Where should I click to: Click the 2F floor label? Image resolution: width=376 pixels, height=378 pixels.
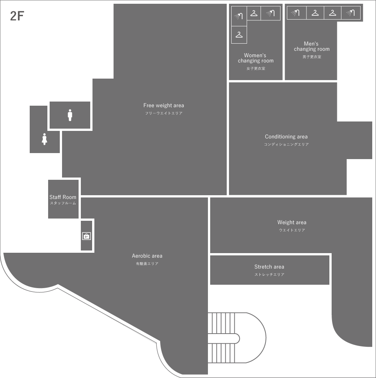click(x=17, y=16)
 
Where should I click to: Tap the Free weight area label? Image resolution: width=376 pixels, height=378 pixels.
click(x=164, y=105)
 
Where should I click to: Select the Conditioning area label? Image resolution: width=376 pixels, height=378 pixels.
click(x=286, y=137)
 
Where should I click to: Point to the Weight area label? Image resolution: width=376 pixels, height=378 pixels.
click(x=292, y=222)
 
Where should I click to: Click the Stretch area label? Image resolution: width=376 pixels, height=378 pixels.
click(x=269, y=267)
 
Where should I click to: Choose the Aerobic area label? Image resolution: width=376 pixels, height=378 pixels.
click(x=147, y=256)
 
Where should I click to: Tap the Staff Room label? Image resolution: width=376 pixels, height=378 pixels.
click(x=63, y=197)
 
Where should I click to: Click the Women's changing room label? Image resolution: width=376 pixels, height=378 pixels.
click(x=255, y=58)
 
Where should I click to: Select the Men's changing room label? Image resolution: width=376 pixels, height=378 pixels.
click(x=311, y=46)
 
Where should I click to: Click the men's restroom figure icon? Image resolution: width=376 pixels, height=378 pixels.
click(x=70, y=115)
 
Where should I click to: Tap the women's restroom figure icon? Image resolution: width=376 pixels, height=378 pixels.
click(x=44, y=139)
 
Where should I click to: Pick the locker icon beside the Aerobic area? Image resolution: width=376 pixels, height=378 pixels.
click(x=86, y=236)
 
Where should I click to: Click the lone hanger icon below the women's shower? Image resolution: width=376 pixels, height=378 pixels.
click(x=239, y=35)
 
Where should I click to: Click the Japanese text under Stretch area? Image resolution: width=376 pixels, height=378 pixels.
click(x=270, y=275)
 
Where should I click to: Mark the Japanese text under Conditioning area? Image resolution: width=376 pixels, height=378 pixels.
click(x=287, y=144)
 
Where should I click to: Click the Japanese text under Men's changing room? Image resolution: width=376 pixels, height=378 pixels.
click(x=312, y=57)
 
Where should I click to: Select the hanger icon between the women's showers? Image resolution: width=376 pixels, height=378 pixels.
click(x=254, y=13)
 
